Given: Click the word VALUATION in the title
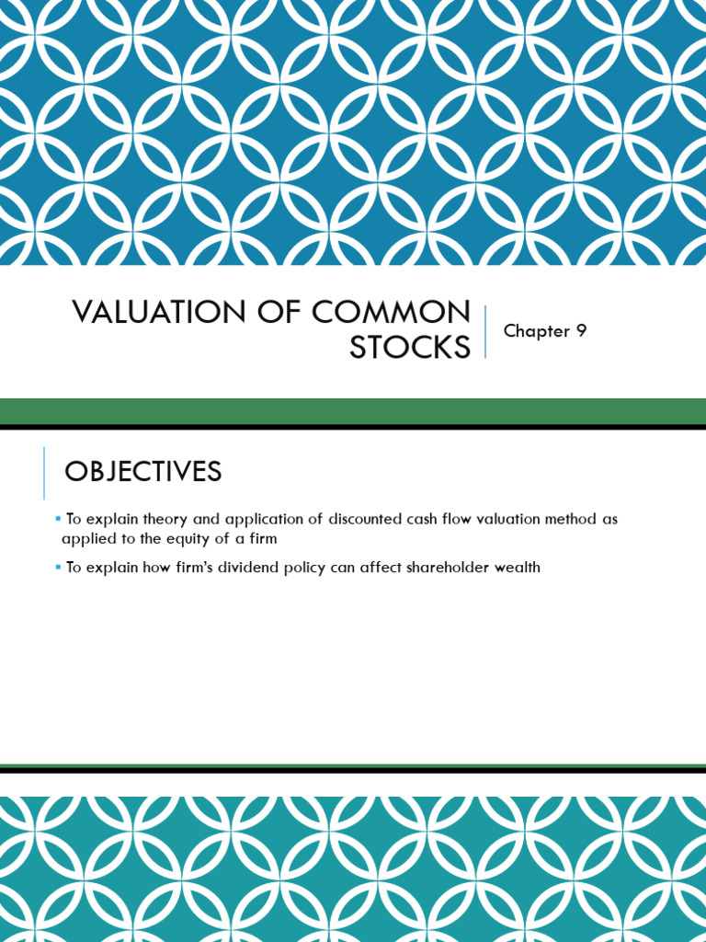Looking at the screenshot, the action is (160, 313).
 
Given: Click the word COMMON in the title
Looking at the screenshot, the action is (391, 313).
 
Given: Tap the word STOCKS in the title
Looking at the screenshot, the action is (410, 347).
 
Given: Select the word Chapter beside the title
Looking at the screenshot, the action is (537, 331).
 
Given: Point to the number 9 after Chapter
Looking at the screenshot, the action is (581, 330).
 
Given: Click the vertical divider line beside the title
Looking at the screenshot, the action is (485, 331).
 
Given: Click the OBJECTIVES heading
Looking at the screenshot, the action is (142, 471).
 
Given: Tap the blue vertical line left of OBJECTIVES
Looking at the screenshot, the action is (44, 473).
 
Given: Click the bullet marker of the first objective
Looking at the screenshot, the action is (58, 517).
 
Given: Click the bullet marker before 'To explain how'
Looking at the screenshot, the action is (58, 566).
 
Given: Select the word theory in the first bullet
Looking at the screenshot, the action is (165, 520).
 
